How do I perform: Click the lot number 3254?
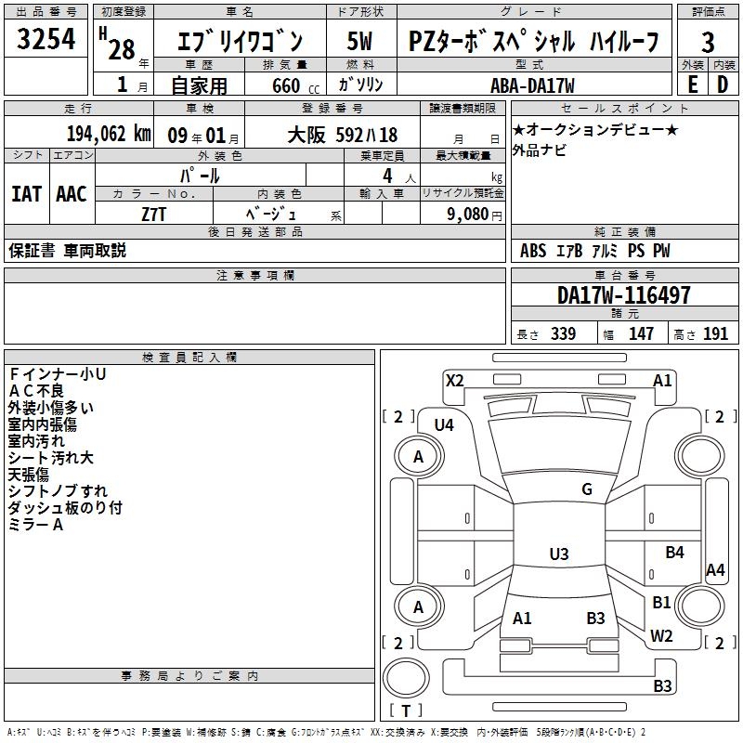pyautogui.click(x=46, y=41)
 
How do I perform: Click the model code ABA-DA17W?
pyautogui.click(x=532, y=85)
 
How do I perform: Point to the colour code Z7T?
pyautogui.click(x=154, y=214)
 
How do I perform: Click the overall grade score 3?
pyautogui.click(x=708, y=42)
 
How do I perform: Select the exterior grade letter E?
pyautogui.click(x=692, y=85)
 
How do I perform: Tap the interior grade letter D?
pyautogui.click(x=722, y=85)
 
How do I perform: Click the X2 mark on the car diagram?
pyautogui.click(x=454, y=380)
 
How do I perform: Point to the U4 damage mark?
pyautogui.click(x=444, y=424)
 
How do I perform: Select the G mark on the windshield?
pyautogui.click(x=587, y=489)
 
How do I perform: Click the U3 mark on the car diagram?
pyautogui.click(x=558, y=554)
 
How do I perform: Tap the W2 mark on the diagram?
pyautogui.click(x=661, y=635)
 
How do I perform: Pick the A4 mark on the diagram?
pyautogui.click(x=715, y=570)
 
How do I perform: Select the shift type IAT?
pyautogui.click(x=27, y=194)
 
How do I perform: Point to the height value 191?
pyautogui.click(x=715, y=334)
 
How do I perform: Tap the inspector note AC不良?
pyautogui.click(x=36, y=390)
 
